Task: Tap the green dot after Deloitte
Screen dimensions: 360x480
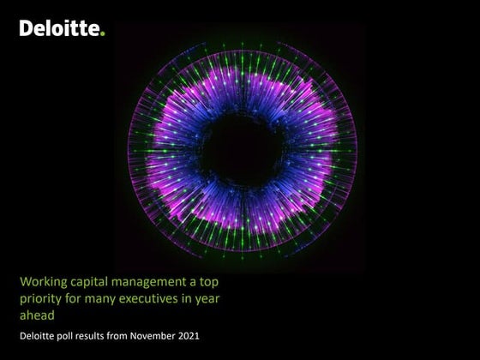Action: point(103,33)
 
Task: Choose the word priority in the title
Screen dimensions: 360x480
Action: point(39,298)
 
